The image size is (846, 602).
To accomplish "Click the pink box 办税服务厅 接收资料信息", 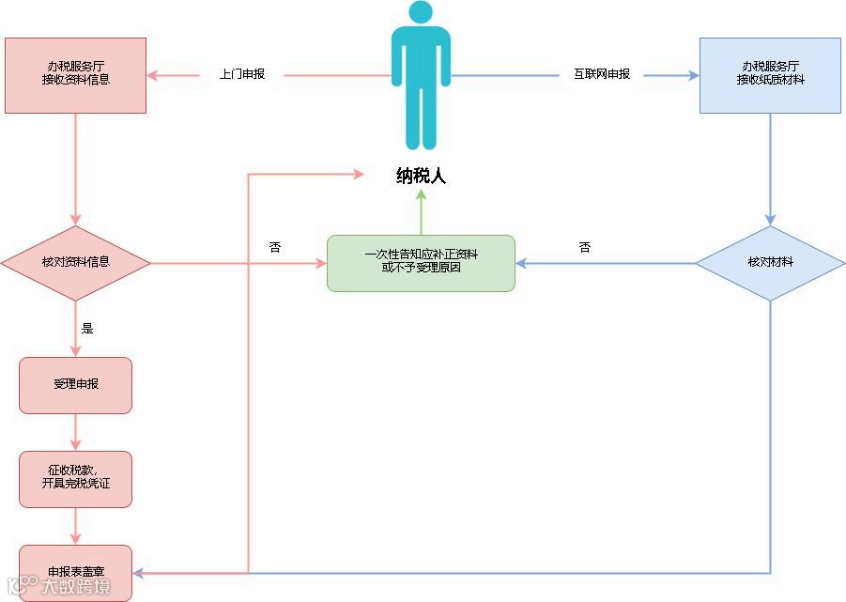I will (x=76, y=75).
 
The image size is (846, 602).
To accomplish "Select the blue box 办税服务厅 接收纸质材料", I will (x=770, y=75).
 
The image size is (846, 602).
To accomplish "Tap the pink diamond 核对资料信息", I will (x=76, y=262).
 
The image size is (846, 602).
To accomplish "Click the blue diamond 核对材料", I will (x=770, y=262).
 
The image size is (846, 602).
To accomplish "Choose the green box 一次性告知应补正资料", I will (x=421, y=263).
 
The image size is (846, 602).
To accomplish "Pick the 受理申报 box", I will (x=76, y=385).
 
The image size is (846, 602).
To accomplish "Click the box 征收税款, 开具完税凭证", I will (x=76, y=479).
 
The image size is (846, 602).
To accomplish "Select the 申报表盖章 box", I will (x=76, y=572).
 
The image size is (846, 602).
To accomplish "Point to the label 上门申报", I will (x=242, y=74).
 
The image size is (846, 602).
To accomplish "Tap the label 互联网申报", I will (x=602, y=74).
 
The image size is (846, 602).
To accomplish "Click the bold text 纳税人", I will (x=421, y=176).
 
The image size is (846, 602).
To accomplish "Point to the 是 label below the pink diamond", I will (x=87, y=329).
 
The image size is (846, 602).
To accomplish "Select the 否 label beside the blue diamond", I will (x=585, y=247).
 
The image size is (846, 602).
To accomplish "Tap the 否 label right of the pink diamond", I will (x=275, y=247).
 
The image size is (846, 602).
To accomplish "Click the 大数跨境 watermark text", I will (x=75, y=588).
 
